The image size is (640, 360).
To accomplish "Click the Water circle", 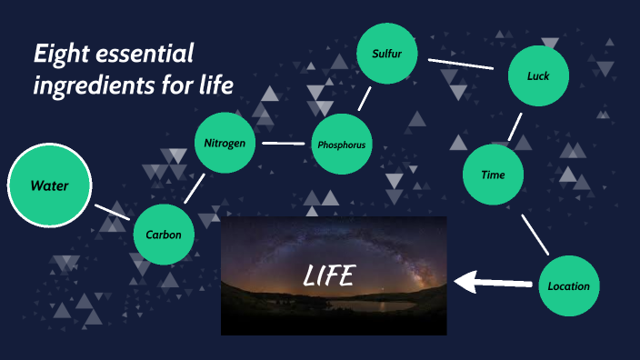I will [x=49, y=185].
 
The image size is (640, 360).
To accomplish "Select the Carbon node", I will [x=165, y=235].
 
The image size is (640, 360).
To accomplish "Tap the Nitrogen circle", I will [x=225, y=143].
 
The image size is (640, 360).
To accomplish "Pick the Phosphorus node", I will [x=341, y=144].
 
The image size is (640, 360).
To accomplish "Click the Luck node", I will [x=538, y=75].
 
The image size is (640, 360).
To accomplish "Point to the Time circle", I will [x=494, y=175].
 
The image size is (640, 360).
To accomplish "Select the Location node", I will [x=569, y=285].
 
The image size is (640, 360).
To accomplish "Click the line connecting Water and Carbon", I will [x=111, y=211].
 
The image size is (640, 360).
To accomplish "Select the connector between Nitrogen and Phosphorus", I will [x=283, y=144].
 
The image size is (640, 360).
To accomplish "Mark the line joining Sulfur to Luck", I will [x=460, y=65].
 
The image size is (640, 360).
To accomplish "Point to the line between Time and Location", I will [x=535, y=235].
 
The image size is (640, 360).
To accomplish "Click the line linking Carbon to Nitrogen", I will [x=193, y=189].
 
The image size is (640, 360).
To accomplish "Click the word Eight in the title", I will [x=58, y=55].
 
